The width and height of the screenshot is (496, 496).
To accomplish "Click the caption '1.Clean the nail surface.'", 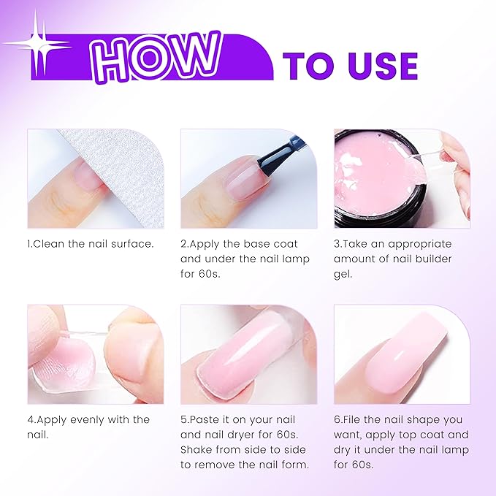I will pos(91,243).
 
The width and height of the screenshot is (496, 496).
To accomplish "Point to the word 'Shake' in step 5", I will pos(198,449).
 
